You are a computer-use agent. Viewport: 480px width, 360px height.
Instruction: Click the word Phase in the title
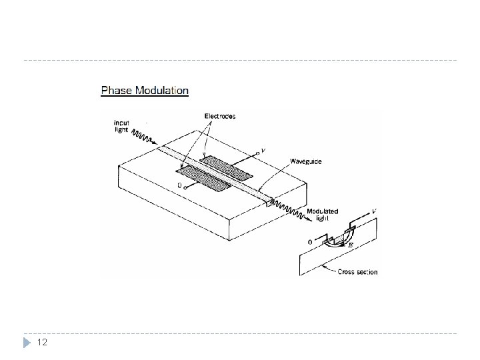coord(115,90)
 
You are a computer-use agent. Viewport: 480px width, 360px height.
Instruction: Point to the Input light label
coord(122,127)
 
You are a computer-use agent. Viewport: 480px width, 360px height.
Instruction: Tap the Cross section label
coord(358,272)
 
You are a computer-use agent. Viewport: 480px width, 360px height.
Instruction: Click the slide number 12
coord(41,343)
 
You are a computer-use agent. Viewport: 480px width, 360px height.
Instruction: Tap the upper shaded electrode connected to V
coord(227,167)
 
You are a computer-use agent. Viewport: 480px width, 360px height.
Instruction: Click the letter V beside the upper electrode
coord(265,151)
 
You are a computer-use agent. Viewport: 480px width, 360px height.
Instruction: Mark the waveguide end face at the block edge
coord(267,202)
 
